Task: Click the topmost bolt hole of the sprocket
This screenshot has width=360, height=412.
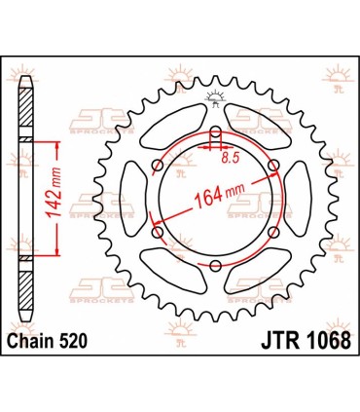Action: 215,132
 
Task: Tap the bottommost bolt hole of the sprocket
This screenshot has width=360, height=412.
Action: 215,265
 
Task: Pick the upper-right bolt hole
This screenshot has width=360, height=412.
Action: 272,165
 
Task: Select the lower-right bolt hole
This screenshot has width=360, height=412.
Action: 272,232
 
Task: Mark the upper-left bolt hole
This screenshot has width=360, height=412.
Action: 158,165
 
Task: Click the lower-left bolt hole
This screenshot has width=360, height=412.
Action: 158,232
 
